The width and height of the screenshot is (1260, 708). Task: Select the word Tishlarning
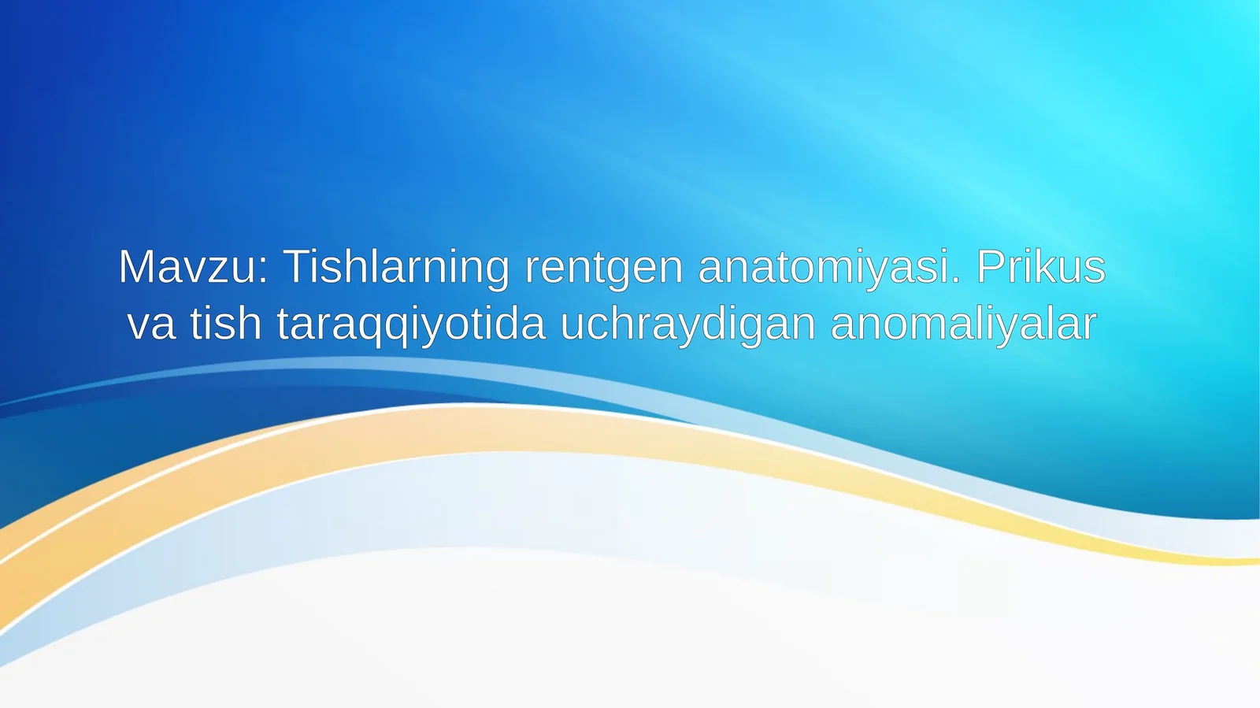pos(396,267)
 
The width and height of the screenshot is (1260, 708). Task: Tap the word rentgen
pos(603,267)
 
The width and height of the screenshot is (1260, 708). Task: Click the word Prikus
pos(1040,267)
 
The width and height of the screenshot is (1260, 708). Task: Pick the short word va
pos(151,324)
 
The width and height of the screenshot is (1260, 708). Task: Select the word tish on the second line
pos(225,324)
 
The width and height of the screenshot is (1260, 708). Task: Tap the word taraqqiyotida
pos(411,324)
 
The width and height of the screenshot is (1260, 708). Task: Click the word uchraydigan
pos(687,324)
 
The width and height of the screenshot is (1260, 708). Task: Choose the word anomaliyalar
pos(963,324)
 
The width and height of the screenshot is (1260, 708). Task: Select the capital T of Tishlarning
pos(298,267)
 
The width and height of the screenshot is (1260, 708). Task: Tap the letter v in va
pos(139,327)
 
